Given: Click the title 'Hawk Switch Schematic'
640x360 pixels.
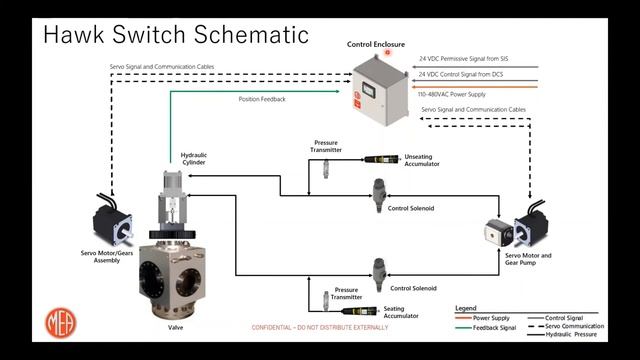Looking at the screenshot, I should tap(175, 35).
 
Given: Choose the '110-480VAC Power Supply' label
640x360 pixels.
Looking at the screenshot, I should tap(456, 93).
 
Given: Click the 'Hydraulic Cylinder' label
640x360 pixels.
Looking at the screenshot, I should tap(194, 159).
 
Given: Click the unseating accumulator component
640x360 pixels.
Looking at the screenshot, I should tap(380, 158).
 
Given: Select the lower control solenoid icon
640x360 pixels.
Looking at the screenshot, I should tap(379, 272).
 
